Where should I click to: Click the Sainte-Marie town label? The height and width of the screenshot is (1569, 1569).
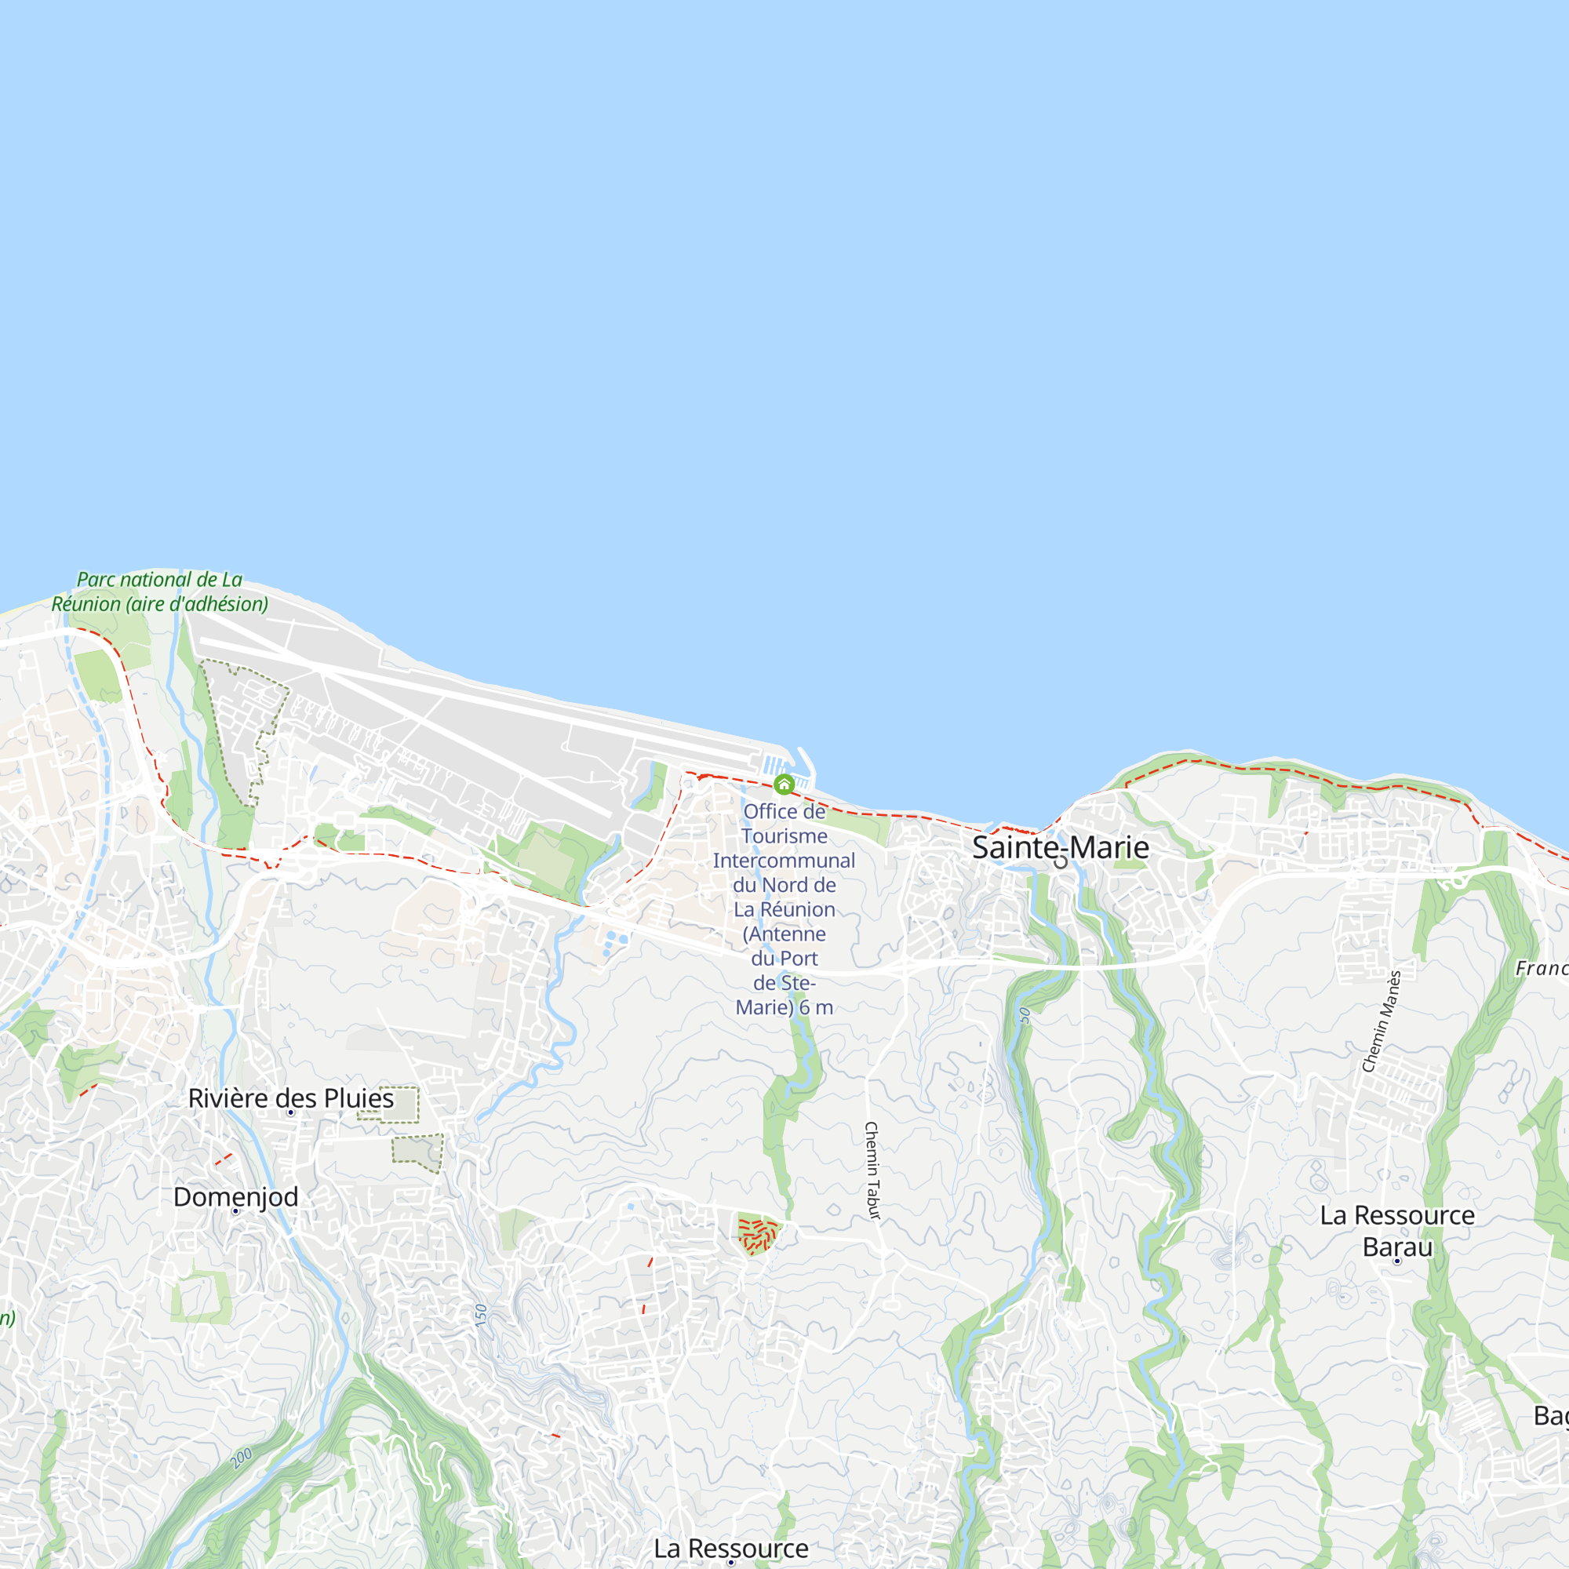tap(1061, 847)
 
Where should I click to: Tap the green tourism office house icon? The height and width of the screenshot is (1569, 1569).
tap(784, 784)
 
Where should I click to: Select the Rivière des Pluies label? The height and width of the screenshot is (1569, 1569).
tap(291, 1098)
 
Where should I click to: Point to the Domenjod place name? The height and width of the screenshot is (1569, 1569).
tap(235, 1196)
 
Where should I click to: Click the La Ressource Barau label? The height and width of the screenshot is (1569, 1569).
tap(1397, 1231)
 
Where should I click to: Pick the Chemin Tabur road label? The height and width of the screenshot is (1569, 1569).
tap(872, 1170)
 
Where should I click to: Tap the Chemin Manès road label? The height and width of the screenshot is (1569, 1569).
tap(1382, 1021)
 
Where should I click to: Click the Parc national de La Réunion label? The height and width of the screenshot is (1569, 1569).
tap(159, 592)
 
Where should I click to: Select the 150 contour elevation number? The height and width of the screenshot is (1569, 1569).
tap(481, 1316)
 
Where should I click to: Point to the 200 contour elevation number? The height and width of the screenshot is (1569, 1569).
tap(242, 1457)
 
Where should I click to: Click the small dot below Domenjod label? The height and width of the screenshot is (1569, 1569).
tap(235, 1210)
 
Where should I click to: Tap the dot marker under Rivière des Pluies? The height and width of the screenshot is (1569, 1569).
tap(291, 1112)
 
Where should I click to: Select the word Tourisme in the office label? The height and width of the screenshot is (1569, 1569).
tap(784, 835)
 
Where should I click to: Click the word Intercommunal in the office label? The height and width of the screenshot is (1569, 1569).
tap(784, 860)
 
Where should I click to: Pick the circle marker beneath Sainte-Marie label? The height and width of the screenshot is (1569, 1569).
tap(1061, 861)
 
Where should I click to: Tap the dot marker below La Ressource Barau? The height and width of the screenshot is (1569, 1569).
tap(1397, 1261)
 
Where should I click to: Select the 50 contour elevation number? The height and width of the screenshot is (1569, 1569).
tap(1025, 1014)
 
